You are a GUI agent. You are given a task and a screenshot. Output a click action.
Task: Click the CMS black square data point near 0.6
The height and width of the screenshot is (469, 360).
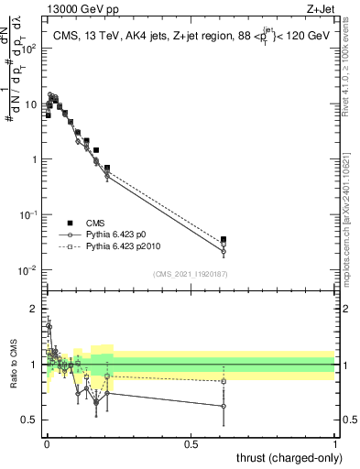[x=224, y=239]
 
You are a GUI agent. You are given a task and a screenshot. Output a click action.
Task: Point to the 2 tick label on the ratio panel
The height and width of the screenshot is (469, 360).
[x=35, y=309]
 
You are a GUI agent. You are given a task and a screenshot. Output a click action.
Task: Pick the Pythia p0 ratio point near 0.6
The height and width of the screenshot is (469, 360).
[x=224, y=406]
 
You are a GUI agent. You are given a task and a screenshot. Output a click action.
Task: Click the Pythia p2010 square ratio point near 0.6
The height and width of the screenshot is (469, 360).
[x=224, y=381]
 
